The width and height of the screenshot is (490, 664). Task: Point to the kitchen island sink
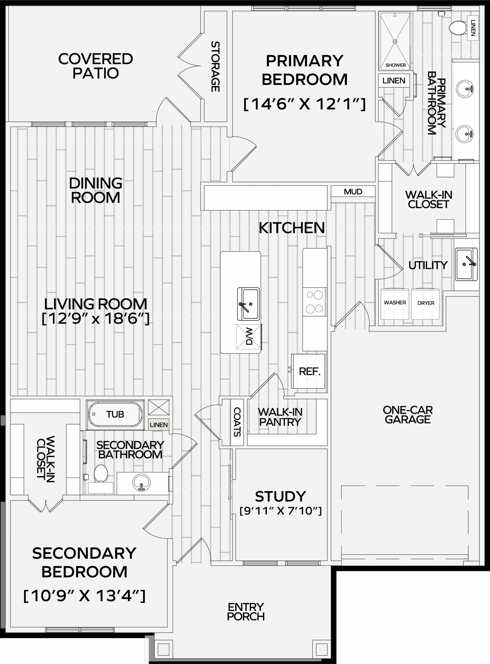[x=249, y=304]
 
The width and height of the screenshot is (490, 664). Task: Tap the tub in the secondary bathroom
[x=115, y=415]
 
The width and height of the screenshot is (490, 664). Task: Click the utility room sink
[x=467, y=264]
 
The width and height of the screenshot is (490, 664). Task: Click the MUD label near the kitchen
[x=353, y=192]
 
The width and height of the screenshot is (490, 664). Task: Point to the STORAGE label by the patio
[x=215, y=66]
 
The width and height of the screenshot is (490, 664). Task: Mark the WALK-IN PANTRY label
[x=280, y=417]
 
